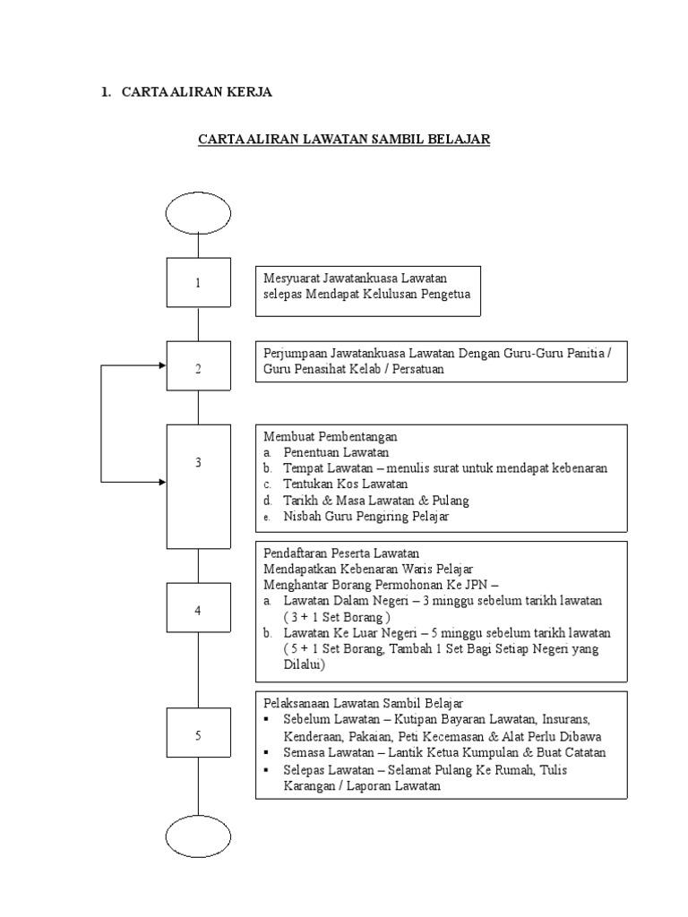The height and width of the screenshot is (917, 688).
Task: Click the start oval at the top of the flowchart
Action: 198,212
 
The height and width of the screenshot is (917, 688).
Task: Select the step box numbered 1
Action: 198,283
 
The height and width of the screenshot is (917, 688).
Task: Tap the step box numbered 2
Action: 198,369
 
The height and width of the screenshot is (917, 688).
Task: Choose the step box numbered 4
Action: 198,611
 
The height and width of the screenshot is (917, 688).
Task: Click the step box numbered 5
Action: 198,735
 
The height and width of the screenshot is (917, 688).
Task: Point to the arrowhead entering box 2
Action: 161,365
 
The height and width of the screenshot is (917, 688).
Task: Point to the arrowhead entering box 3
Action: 161,482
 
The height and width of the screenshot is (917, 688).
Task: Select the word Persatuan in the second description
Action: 415,368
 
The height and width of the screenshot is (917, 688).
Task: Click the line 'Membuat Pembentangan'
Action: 330,436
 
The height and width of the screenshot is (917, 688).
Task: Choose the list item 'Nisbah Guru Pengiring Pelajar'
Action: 366,517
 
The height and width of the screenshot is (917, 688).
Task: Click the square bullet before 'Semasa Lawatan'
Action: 266,753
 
